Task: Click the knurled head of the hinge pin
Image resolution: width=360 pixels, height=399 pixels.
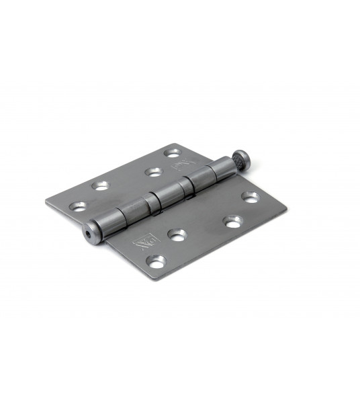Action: pyautogui.click(x=242, y=161)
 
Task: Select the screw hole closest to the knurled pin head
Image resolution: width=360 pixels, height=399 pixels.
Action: pyautogui.click(x=250, y=197)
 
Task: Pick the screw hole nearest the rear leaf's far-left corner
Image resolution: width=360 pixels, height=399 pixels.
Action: pyautogui.click(x=79, y=207)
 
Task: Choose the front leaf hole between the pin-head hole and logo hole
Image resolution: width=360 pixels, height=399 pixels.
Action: pyautogui.click(x=233, y=220)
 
